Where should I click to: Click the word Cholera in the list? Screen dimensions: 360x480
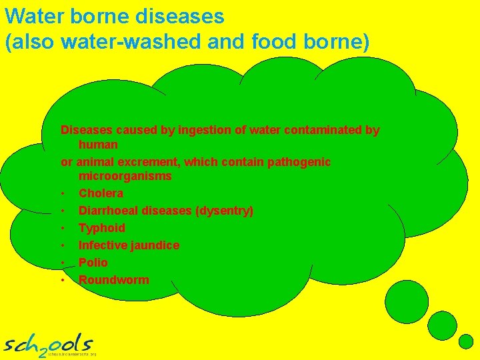coord(101,193)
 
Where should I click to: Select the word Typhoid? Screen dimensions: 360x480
coord(101,228)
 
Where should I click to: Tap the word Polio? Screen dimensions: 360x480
coord(93,263)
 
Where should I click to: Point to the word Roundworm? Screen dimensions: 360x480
coord(113,280)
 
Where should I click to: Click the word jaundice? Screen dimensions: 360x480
coord(154,245)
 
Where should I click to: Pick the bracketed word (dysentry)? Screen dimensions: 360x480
coord(224,211)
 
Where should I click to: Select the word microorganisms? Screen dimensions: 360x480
coord(125,177)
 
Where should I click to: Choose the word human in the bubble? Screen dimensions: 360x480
coord(98,145)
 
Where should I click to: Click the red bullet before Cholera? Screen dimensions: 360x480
coord(62,194)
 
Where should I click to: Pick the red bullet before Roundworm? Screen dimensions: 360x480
coord(62,281)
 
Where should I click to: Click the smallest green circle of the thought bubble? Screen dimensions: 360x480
coord(465,341)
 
